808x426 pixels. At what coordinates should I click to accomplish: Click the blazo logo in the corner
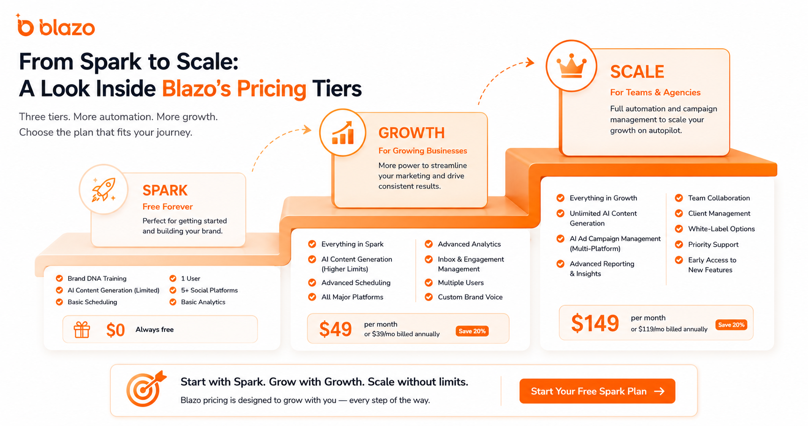(56, 26)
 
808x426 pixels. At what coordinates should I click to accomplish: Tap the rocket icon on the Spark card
(104, 190)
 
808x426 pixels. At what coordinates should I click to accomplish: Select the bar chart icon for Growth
(343, 133)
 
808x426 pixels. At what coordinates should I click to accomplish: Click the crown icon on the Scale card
(571, 66)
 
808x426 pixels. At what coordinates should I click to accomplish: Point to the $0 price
(115, 330)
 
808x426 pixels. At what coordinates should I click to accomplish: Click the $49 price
(335, 329)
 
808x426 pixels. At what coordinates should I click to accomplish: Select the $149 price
(595, 323)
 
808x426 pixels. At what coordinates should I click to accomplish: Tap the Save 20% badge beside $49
(472, 331)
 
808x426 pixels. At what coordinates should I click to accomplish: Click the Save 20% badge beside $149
(731, 325)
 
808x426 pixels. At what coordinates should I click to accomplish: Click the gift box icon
(82, 330)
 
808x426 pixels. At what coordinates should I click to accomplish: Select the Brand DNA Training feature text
(97, 279)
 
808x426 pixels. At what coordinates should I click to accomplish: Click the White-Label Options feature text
(721, 229)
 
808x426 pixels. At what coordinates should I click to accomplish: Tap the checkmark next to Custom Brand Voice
(428, 297)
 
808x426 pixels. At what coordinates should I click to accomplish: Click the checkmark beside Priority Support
(679, 244)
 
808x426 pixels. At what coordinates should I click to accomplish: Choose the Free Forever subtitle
(167, 206)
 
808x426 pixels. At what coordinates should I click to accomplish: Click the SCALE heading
(637, 72)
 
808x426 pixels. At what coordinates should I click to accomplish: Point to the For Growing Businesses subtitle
(423, 151)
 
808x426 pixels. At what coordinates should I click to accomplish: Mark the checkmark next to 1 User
(173, 279)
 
